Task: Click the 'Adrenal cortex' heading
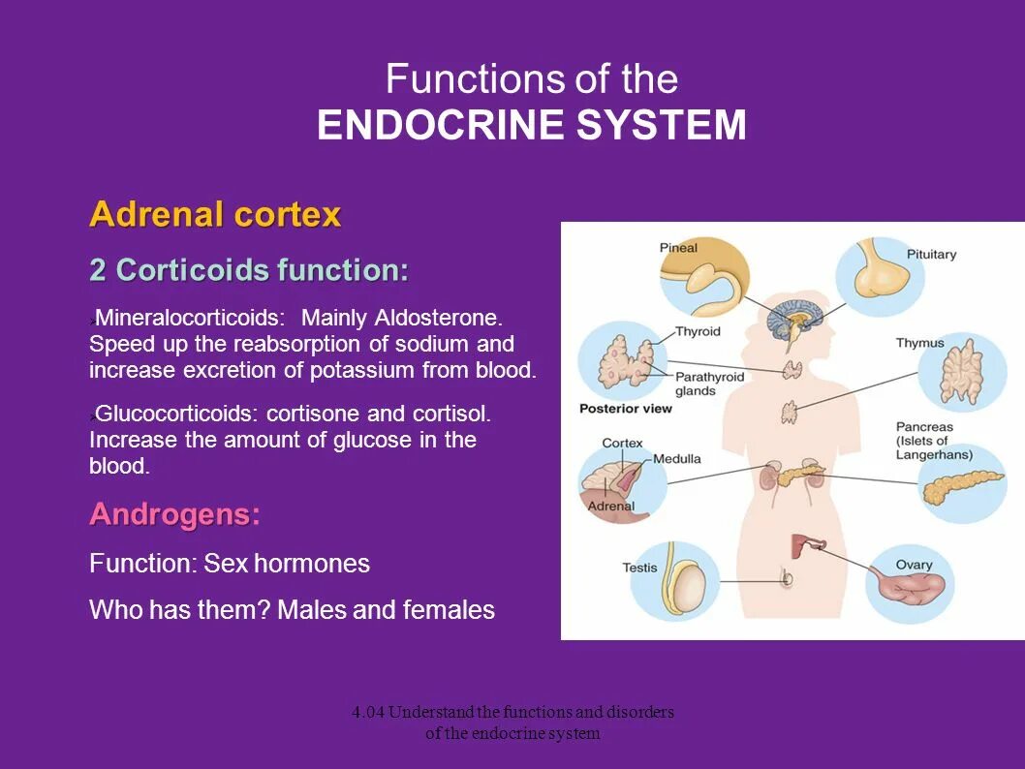pos(215,214)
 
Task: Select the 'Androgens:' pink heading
pos(174,515)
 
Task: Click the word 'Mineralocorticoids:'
pos(191,318)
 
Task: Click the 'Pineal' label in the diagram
pos(678,248)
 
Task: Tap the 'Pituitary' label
pos(931,255)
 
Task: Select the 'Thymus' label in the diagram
pos(919,343)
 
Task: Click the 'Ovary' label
pos(914,565)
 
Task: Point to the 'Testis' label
pos(639,568)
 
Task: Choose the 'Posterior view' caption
pos(625,409)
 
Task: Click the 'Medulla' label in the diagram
pos(676,458)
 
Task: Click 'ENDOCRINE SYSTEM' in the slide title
pos(532,126)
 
